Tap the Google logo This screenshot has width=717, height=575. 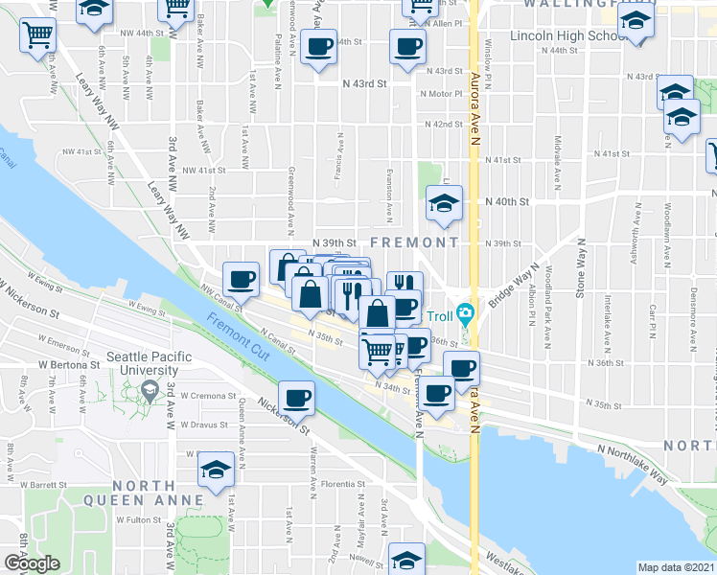click(x=32, y=563)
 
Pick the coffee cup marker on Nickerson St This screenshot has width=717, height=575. click(x=297, y=398)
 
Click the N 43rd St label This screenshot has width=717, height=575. click(x=364, y=84)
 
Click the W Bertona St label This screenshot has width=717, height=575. click(x=69, y=365)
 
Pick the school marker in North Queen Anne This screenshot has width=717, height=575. click(x=215, y=471)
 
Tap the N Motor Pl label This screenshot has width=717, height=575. click(x=440, y=94)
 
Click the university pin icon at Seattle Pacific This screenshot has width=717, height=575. click(x=150, y=390)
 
